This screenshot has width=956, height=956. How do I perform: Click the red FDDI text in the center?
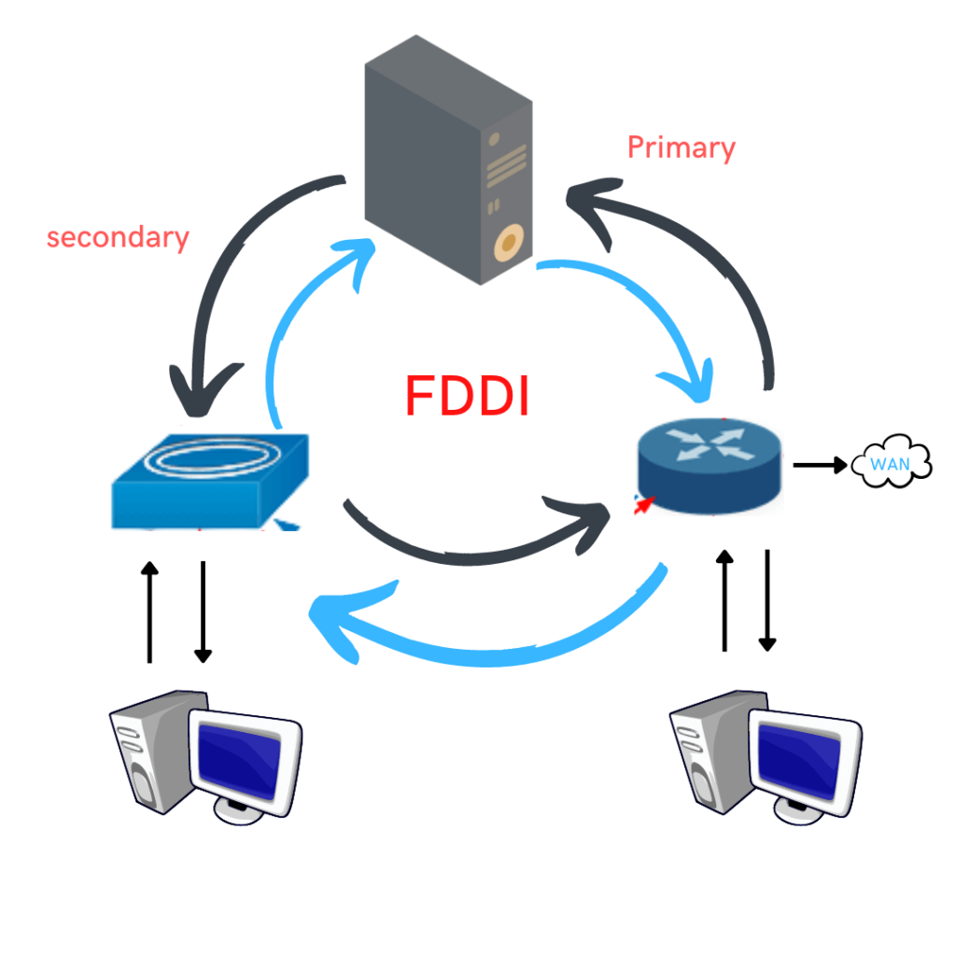tap(468, 396)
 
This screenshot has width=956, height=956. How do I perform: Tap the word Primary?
tap(681, 148)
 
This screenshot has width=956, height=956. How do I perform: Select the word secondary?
tap(118, 237)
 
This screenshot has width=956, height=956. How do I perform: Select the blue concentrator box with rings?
tap(211, 481)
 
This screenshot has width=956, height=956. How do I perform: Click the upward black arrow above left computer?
tap(148, 612)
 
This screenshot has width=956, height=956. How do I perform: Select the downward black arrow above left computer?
tap(203, 612)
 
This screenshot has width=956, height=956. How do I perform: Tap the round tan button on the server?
tap(506, 244)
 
